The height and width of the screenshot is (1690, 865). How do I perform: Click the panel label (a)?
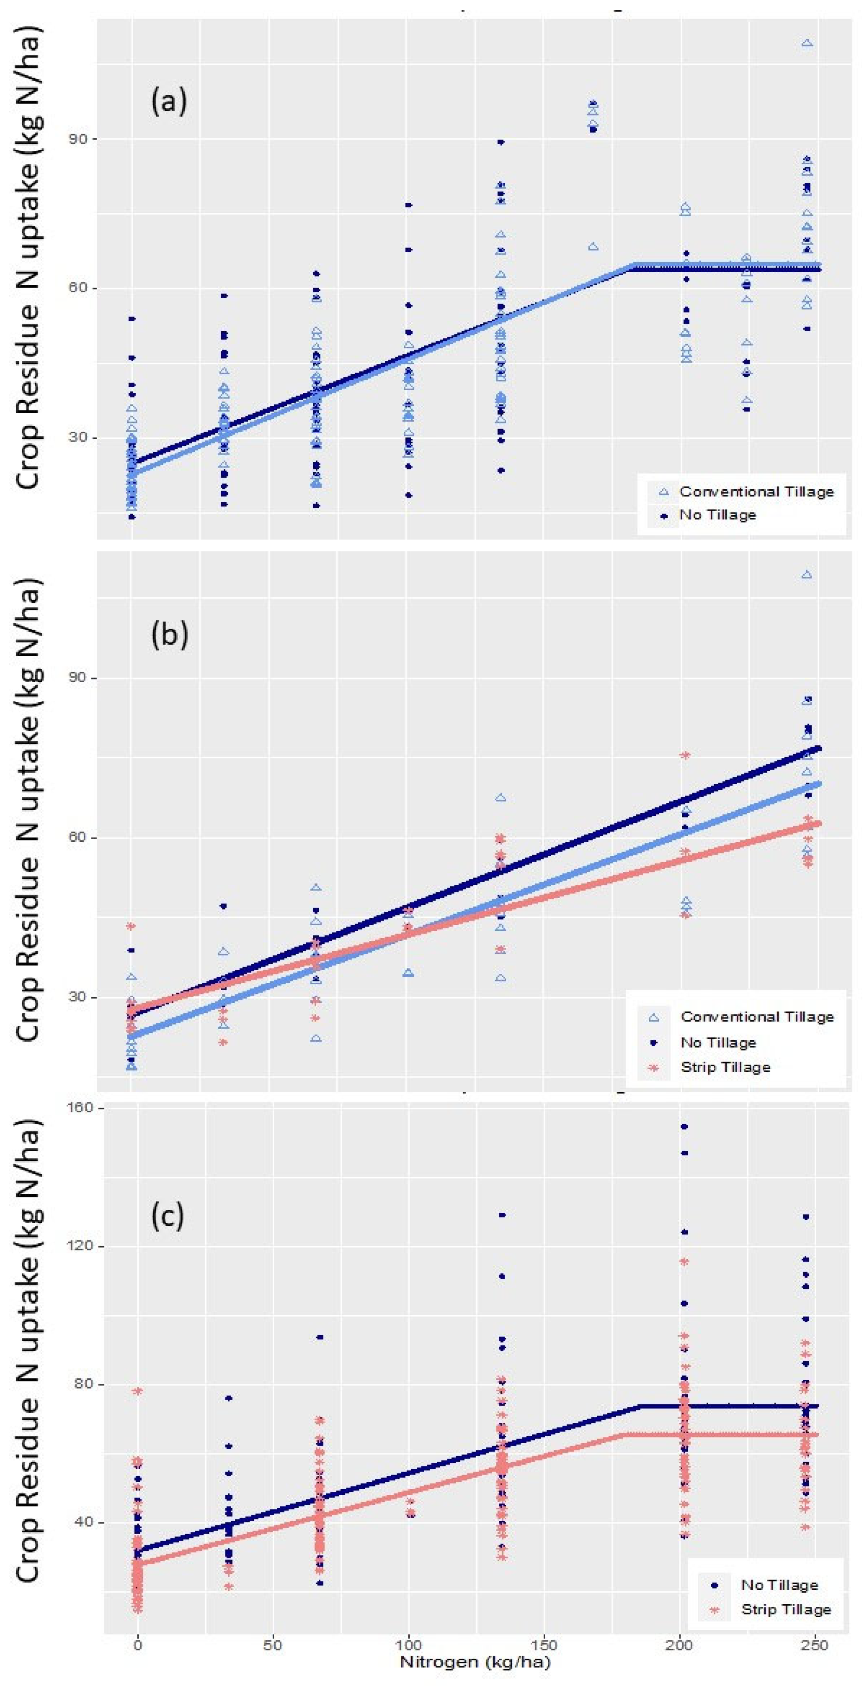[168, 102]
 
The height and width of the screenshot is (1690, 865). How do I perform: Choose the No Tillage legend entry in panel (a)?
[717, 515]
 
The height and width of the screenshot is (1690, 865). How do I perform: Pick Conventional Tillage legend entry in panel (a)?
[756, 492]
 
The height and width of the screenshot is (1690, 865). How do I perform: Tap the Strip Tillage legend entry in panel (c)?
[786, 1609]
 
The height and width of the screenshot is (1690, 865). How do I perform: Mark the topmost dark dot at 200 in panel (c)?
[684, 1127]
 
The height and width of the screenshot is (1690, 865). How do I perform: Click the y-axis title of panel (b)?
[27, 810]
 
